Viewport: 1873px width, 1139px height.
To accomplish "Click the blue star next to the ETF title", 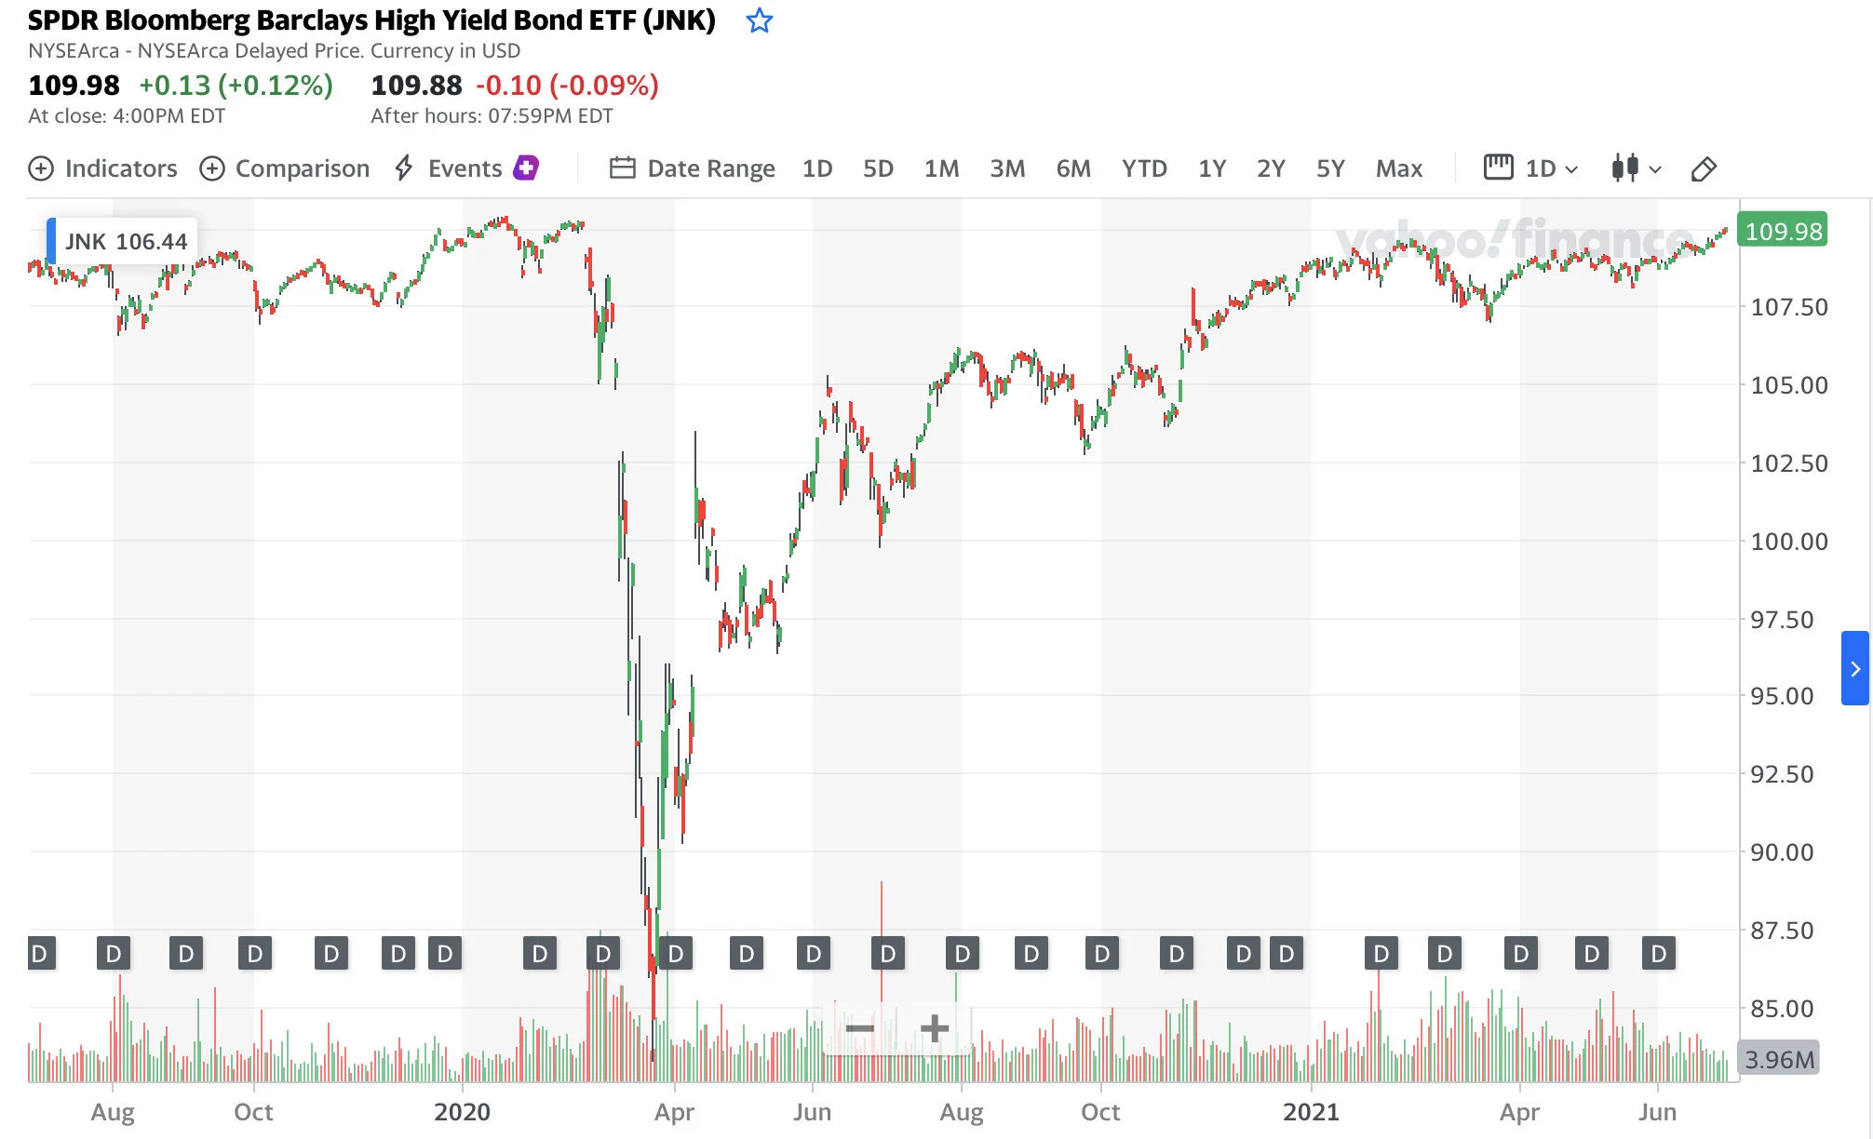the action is (x=760, y=20).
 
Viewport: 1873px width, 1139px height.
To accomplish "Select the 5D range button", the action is (x=878, y=168).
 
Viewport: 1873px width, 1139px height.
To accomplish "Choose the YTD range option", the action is (x=1144, y=168).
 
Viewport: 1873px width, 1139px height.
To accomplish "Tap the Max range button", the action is (x=1399, y=168).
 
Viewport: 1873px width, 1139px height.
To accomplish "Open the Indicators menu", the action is (x=102, y=168).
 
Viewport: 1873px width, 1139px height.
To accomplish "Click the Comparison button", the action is (x=285, y=168).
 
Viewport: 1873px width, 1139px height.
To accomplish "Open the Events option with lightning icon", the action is (x=465, y=168).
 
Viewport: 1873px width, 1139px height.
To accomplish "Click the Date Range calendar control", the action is (x=692, y=168).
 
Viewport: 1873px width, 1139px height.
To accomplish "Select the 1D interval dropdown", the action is (x=1531, y=168).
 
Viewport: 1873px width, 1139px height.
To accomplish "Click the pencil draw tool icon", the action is (x=1704, y=168).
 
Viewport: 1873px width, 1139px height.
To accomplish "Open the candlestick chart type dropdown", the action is (x=1636, y=168).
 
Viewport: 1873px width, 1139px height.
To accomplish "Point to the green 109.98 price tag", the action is (x=1783, y=231).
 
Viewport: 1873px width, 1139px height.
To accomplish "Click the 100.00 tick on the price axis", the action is (x=1789, y=542).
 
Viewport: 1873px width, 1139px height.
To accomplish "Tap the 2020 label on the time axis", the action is (x=462, y=1112).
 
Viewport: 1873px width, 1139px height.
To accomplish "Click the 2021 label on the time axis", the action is (x=1311, y=1112).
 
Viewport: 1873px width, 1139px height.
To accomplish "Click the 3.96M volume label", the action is (x=1779, y=1059).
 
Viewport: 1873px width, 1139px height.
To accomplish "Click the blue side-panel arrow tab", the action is (x=1854, y=668).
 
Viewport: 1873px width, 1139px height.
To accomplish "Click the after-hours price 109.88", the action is (x=416, y=86).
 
